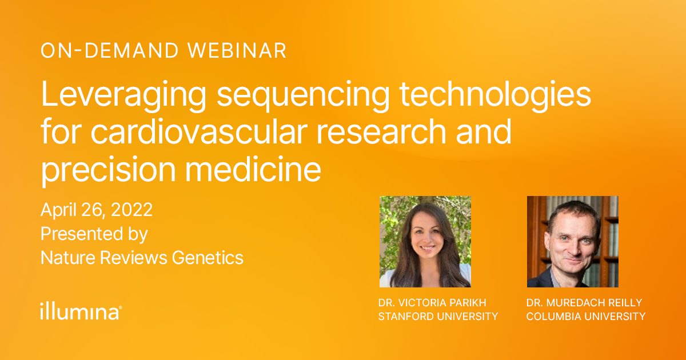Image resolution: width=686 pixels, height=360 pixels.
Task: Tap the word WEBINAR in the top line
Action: pos(237,51)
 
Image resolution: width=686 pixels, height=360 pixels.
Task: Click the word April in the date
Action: pos(57,210)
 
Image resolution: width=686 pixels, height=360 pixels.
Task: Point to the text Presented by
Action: pos(94,234)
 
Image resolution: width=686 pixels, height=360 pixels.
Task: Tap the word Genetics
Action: pos(208,258)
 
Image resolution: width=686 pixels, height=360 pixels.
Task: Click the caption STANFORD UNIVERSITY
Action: pos(438,316)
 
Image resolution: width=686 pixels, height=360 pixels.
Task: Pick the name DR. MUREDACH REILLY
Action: pos(584,302)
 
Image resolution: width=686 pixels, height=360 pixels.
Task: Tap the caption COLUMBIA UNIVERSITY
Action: pos(585,316)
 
